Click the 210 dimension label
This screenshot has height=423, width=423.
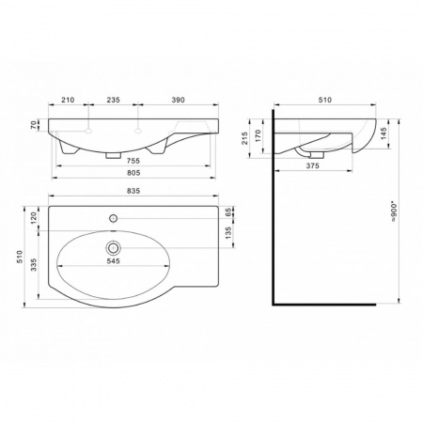tap(68, 100)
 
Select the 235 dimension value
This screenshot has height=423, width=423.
tap(114, 100)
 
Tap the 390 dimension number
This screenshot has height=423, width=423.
tap(178, 100)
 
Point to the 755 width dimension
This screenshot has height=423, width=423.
tap(133, 161)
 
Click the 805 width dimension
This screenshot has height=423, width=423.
tap(133, 173)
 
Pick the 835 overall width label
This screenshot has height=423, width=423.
tap(133, 191)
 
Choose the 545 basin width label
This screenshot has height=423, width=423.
tap(113, 261)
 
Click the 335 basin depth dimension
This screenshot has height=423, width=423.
tap(34, 265)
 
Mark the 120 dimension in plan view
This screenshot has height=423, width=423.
tap(34, 218)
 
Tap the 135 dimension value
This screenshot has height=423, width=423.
tap(228, 233)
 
